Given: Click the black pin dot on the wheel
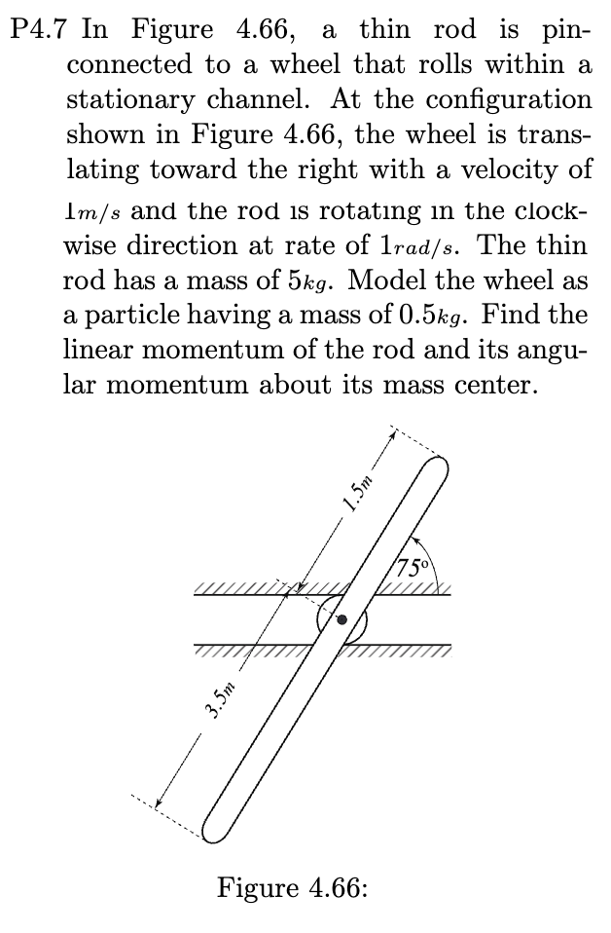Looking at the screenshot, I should coord(341,619).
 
